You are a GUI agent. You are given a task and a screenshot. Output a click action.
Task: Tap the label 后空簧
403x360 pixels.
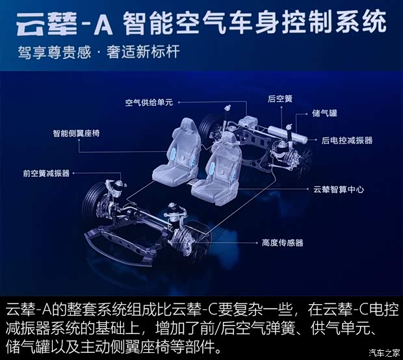280,99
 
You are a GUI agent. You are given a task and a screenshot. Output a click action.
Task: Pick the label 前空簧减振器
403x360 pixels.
46,174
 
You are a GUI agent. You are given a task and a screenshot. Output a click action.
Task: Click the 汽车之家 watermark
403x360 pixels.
383,353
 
